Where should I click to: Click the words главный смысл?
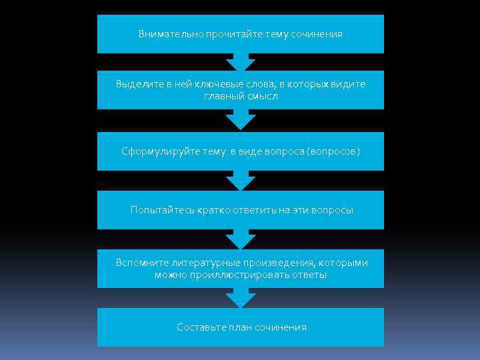(240, 97)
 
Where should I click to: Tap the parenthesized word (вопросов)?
(333, 151)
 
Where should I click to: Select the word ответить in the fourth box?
(254, 210)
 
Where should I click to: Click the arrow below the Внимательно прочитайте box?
(241, 63)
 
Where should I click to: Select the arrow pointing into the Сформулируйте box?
(241, 122)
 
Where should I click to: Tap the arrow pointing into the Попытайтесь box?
(241, 181)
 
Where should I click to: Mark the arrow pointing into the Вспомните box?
(241, 239)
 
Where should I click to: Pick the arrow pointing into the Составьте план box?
(241, 298)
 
